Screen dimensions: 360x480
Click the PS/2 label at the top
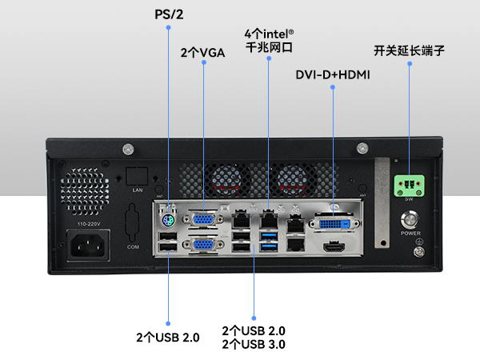pyautogui.click(x=168, y=14)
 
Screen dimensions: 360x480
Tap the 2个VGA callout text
pyautogui.click(x=203, y=53)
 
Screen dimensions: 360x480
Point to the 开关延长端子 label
pyautogui.click(x=409, y=51)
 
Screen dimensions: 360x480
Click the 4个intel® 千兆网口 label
pyautogui.click(x=269, y=41)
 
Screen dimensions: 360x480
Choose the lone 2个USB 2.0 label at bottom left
pyautogui.click(x=167, y=337)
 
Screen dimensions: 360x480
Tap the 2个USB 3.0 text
pyautogui.click(x=254, y=344)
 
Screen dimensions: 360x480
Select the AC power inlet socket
pyautogui.click(x=88, y=246)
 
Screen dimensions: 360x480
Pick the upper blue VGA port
pyautogui.click(x=204, y=219)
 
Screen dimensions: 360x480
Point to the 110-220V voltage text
pyautogui.click(x=87, y=227)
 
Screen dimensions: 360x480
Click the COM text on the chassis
pyautogui.click(x=134, y=249)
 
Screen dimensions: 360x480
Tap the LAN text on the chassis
pyautogui.click(x=137, y=191)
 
